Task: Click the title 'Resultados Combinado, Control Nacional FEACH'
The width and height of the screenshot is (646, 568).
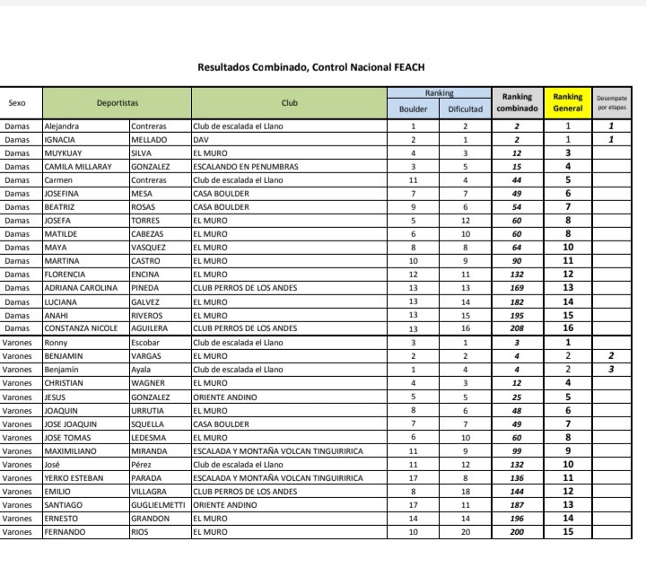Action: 310,67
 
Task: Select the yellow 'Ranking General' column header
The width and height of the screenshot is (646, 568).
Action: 567,102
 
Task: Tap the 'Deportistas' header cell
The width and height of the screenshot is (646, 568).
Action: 117,102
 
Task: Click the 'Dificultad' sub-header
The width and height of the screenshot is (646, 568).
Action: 466,109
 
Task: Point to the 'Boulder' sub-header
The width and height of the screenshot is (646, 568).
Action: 414,109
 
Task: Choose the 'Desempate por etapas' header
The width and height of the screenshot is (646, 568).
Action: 612,102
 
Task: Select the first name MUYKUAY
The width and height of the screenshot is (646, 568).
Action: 64,153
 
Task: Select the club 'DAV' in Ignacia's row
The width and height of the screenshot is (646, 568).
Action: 201,139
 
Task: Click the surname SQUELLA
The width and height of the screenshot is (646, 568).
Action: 147,424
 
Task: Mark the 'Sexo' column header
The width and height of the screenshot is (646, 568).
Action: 17,102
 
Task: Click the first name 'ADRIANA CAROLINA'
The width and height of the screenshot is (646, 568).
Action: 81,288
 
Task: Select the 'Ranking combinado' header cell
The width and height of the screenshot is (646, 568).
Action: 517,102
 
